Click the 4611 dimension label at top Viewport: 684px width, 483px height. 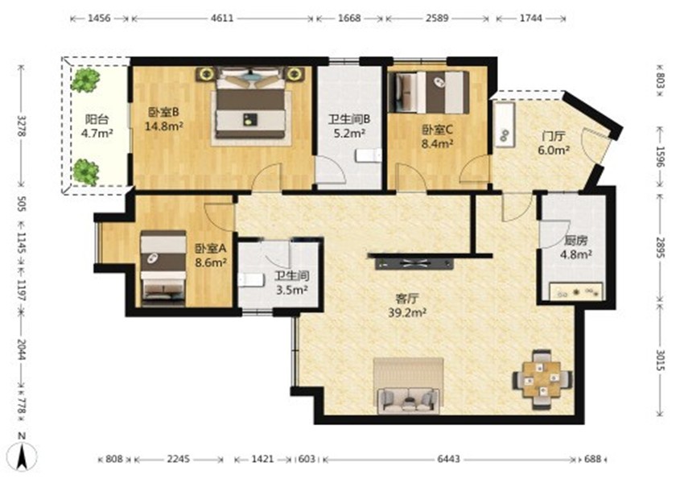click(222, 19)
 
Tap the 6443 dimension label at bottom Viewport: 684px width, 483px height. click(448, 459)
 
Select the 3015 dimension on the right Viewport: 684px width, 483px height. click(661, 361)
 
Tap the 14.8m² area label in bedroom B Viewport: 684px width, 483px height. click(163, 126)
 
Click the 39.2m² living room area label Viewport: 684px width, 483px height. click(406, 312)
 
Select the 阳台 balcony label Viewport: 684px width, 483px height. click(97, 119)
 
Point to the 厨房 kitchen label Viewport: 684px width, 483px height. click(576, 241)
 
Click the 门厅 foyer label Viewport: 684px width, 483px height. click(553, 137)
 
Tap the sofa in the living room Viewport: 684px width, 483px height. click(408, 400)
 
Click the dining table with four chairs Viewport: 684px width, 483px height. click(542, 379)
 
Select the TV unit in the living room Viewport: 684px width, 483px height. click(414, 263)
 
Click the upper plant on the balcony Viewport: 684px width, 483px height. click(85, 80)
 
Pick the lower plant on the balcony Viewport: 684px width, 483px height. click(85, 172)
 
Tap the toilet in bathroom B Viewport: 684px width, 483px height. click(369, 155)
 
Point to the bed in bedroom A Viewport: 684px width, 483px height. click(163, 267)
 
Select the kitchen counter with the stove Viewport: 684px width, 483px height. click(576, 292)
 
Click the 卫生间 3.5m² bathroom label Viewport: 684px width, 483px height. click(292, 283)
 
